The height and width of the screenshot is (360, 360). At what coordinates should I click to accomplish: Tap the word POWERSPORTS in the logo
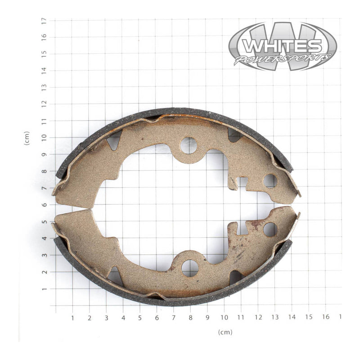pos(282,59)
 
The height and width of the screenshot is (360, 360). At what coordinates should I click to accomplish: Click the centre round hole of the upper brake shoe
pos(189,145)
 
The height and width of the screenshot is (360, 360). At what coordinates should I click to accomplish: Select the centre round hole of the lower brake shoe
pos(189,268)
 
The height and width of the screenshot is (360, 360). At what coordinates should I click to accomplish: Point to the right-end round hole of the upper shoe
pos(270,181)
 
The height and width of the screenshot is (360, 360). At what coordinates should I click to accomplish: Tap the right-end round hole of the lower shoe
pos(270,229)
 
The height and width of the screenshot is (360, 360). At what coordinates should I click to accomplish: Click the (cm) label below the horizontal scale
pos(225,332)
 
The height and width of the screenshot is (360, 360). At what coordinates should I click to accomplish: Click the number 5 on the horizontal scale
pos(140,318)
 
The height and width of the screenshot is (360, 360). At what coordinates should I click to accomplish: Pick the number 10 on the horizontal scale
pos(224,318)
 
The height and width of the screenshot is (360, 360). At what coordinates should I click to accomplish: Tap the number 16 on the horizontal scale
pos(325,318)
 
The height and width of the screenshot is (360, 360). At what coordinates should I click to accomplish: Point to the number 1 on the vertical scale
pos(44,289)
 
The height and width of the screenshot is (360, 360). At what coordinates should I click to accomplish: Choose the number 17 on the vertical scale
pos(44,21)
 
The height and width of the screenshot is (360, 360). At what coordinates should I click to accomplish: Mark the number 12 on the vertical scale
pos(44,104)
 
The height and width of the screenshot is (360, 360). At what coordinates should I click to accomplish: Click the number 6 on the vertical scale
pos(44,205)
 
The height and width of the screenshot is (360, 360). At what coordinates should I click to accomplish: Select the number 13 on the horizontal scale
pos(274,318)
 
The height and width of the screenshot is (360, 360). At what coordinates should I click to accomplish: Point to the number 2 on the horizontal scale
pos(90,318)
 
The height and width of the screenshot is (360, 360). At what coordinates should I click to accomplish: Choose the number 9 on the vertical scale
pos(44,154)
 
